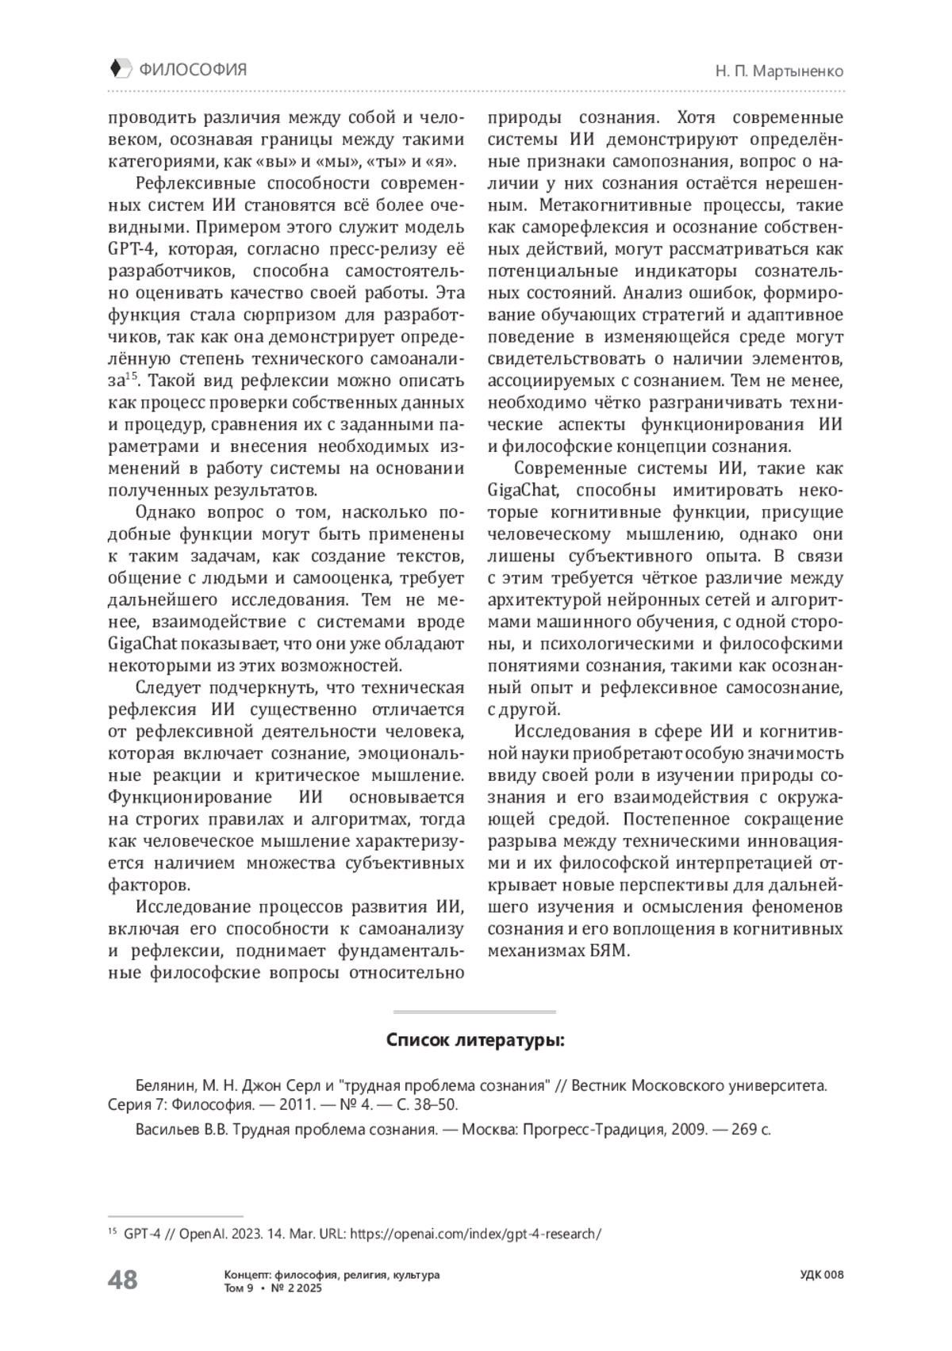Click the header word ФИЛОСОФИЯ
coord(193,70)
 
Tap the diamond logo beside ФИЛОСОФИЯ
coord(117,69)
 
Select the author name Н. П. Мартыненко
coord(778,71)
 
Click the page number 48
coord(122,1280)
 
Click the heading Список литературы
coord(475,1040)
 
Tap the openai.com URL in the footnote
coord(475,1234)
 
